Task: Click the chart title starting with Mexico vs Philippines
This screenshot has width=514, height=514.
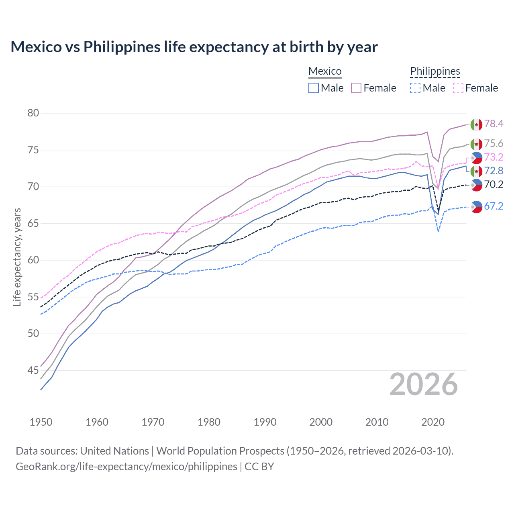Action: click(x=194, y=47)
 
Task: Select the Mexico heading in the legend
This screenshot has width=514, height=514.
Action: click(x=325, y=71)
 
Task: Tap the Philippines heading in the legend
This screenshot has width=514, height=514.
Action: click(x=435, y=71)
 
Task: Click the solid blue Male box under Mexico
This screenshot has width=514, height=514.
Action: click(x=314, y=88)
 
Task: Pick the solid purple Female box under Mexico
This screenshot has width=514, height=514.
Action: click(x=356, y=88)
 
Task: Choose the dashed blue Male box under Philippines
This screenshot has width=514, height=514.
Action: click(x=415, y=88)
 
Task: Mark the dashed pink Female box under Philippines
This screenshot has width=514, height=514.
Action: click(x=458, y=88)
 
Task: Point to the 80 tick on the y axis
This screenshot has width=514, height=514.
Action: click(x=33, y=113)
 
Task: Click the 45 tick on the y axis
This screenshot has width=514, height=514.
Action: click(x=33, y=370)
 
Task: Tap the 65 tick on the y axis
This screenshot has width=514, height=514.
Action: click(x=33, y=223)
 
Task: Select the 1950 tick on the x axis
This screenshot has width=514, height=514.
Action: click(x=41, y=422)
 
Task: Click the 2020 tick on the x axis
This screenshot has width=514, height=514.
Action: click(x=433, y=422)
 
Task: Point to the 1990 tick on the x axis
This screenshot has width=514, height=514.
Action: click(x=265, y=422)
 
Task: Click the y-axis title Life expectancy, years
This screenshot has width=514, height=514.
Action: click(x=17, y=257)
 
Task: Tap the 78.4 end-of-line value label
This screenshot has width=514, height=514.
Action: click(x=494, y=124)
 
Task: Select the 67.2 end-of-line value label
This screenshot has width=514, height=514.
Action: click(x=494, y=206)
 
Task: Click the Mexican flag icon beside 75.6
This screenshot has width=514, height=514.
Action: click(x=476, y=144)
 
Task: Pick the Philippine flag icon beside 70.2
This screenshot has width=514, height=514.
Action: click(x=476, y=185)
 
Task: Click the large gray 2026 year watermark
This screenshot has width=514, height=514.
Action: click(x=424, y=384)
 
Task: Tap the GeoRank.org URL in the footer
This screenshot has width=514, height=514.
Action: click(x=126, y=467)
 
